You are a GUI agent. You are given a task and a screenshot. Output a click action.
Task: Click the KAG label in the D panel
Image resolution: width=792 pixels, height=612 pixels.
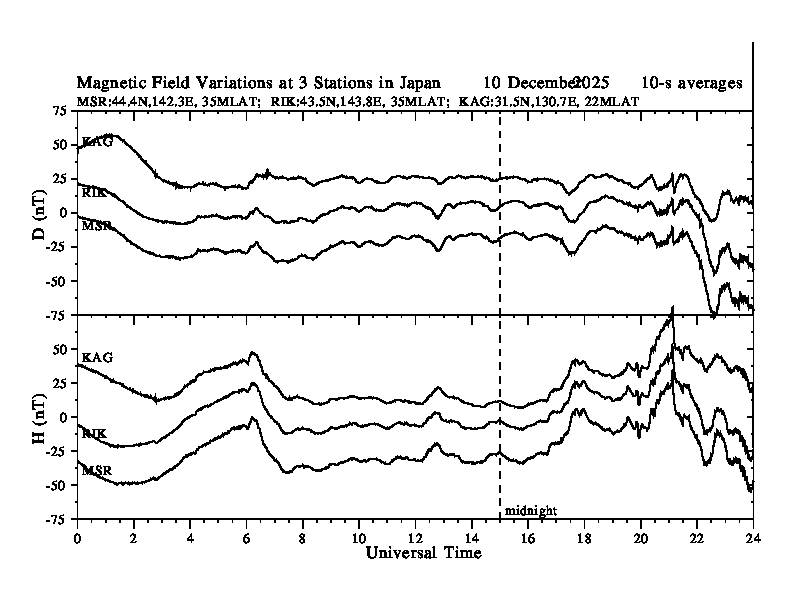97,142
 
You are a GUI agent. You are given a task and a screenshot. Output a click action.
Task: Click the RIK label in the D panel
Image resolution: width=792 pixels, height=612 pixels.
95,191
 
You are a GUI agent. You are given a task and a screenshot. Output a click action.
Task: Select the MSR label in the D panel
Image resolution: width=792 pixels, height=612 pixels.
96,225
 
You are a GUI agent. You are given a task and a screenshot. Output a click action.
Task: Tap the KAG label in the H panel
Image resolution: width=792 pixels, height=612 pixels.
97,357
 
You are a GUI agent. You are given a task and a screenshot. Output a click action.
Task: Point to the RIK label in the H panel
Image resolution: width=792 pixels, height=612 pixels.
95,434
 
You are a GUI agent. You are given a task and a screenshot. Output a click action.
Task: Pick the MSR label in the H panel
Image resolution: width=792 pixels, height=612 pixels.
96,469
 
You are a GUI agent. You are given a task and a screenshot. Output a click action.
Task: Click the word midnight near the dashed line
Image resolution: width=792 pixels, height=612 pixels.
530,510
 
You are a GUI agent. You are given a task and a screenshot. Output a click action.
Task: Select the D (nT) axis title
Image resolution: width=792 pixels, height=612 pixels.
40,213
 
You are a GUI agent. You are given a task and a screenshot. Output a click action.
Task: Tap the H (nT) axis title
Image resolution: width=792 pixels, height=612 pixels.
40,417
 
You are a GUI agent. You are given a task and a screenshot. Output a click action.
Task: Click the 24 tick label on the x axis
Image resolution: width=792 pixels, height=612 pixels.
753,537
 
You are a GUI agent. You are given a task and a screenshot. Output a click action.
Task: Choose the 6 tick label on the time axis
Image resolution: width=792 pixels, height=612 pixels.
246,537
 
